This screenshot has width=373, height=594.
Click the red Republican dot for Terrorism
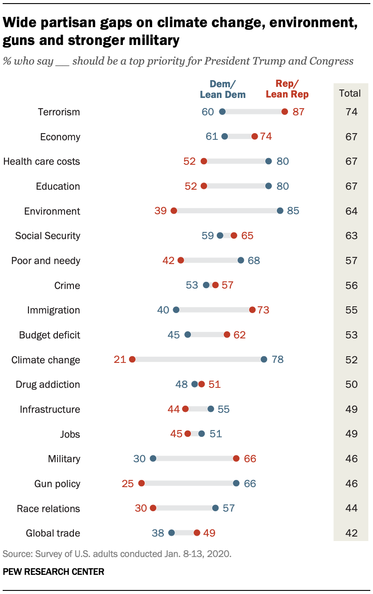(x=285, y=112)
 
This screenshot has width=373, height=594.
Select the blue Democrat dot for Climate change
(x=264, y=359)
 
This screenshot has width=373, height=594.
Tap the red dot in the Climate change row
(x=132, y=359)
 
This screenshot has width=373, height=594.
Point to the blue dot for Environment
(x=280, y=211)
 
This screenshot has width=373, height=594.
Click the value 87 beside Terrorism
(x=298, y=112)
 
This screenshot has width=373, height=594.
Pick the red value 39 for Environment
(x=160, y=211)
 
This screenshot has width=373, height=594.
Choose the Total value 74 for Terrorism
(x=351, y=112)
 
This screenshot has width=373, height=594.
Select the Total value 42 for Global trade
(x=351, y=533)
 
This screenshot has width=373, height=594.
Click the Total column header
(x=350, y=94)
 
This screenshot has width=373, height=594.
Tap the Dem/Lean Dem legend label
(x=223, y=89)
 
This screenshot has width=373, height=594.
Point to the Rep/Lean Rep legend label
(x=287, y=89)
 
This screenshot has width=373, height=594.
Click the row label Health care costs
(x=42, y=161)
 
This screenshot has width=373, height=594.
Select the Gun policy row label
(x=57, y=484)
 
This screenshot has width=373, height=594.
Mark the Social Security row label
(x=48, y=236)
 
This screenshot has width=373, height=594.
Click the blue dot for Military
(x=153, y=459)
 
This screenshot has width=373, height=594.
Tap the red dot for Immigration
(x=252, y=310)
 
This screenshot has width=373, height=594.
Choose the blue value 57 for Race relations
(x=228, y=509)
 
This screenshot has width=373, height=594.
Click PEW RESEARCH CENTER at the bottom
(x=53, y=572)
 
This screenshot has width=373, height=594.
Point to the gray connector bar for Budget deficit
(x=207, y=335)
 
